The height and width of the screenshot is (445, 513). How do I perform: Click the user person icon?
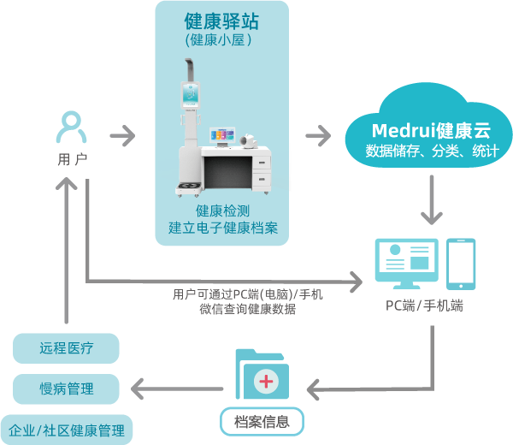click(x=71, y=127)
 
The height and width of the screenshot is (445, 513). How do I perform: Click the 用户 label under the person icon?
click(x=71, y=159)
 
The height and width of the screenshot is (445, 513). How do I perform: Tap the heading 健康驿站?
click(x=221, y=21)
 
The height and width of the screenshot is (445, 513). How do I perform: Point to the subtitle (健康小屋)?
click(x=221, y=39)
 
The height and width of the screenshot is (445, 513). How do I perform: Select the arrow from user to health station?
click(x=123, y=135)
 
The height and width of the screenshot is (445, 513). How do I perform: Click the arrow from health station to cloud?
click(x=318, y=135)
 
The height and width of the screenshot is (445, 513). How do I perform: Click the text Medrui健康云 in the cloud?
click(x=431, y=131)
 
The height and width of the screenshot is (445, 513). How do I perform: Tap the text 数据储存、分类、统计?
click(x=431, y=151)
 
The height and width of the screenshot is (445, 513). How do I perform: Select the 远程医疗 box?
click(x=66, y=348)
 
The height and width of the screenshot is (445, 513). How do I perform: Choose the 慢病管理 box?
click(x=66, y=389)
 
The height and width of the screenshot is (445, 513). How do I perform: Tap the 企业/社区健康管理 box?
click(x=66, y=430)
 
